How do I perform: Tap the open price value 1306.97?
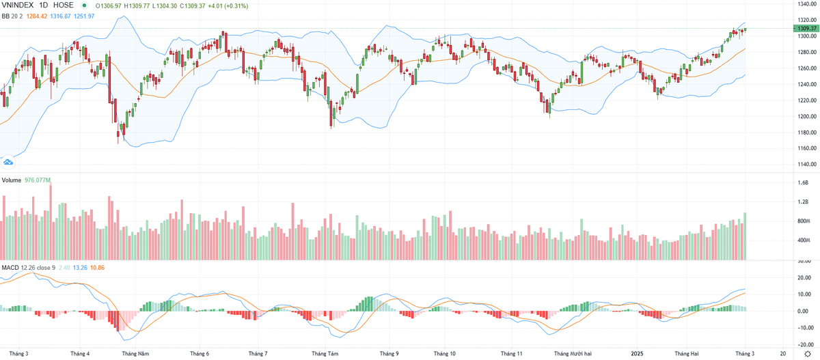109,5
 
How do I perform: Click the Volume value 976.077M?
38,180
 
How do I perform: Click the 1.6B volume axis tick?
803,183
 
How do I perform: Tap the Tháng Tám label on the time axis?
325,354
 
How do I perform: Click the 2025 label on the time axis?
636,354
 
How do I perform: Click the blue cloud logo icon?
9,162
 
